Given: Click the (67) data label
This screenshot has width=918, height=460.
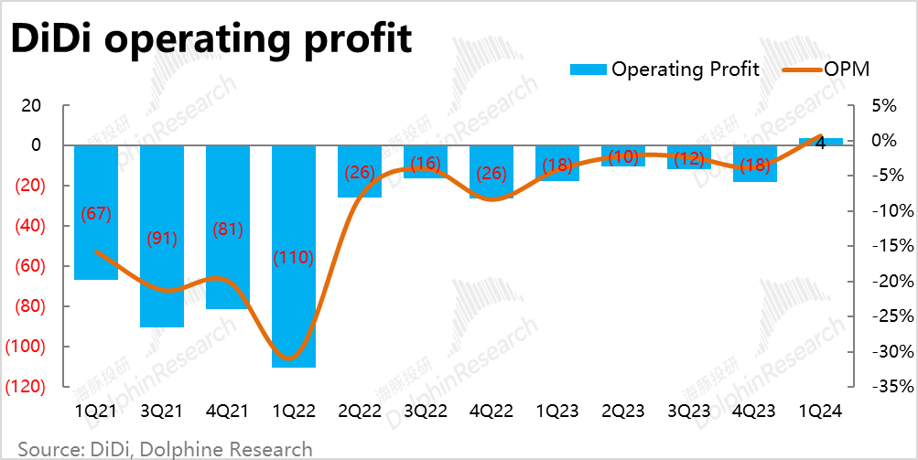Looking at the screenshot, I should [96, 214].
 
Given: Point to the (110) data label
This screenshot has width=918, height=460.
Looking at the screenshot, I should [294, 258].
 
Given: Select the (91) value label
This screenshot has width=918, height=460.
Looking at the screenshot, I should [162, 239].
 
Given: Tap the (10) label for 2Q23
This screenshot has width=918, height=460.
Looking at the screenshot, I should [623, 156].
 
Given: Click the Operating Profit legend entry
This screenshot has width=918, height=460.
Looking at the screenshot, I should [664, 70].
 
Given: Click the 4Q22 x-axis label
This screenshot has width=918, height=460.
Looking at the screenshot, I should [491, 412].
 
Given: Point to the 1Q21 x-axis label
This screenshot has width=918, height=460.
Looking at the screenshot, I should [96, 412].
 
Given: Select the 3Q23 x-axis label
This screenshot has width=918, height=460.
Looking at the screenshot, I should [689, 412].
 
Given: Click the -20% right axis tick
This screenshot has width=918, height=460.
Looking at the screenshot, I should [891, 282].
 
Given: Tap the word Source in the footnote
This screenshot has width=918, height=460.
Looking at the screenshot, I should [46, 449].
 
